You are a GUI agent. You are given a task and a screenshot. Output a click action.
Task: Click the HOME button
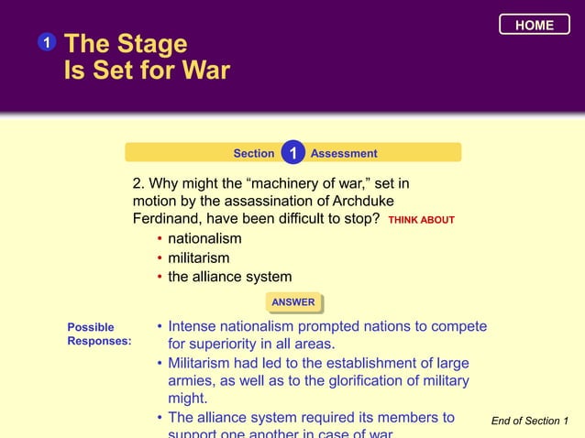tap(534, 25)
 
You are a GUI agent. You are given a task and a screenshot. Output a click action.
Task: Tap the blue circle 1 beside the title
tap(46, 43)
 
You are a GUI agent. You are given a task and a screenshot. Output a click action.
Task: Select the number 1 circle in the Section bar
tap(292, 152)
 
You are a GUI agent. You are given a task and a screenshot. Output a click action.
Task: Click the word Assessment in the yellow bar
tap(344, 153)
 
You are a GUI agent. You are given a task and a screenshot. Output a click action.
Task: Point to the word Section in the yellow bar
tap(254, 153)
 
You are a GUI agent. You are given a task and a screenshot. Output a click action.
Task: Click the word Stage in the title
tap(151, 44)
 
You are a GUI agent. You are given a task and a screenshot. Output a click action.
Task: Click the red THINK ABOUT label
tap(421, 221)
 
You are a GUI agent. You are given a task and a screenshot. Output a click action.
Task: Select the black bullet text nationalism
tap(204, 239)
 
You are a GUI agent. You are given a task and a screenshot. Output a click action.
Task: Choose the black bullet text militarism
tap(199, 258)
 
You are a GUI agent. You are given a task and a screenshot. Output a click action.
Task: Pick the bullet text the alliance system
tap(229, 277)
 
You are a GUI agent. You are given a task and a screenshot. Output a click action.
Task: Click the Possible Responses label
tap(98, 334)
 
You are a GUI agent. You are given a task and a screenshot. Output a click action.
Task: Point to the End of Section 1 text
tap(529, 421)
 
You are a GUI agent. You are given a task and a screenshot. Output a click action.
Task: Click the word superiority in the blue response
tap(226, 345)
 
